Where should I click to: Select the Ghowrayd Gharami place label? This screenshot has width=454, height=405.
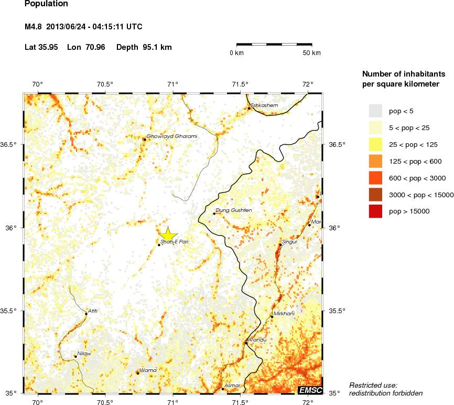172,136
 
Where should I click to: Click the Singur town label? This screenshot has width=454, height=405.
290,242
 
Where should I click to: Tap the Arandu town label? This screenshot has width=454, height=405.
257,340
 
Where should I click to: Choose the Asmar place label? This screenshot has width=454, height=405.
232,386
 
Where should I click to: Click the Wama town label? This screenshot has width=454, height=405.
148,370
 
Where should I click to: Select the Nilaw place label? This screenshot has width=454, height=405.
84,354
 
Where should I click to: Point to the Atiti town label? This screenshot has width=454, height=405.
93,311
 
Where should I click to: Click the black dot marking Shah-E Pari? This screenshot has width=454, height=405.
159,245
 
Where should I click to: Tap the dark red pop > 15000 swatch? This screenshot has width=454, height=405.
376,211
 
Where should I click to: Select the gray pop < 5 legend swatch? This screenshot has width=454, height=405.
376,111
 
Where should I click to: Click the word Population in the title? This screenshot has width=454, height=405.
46,4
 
